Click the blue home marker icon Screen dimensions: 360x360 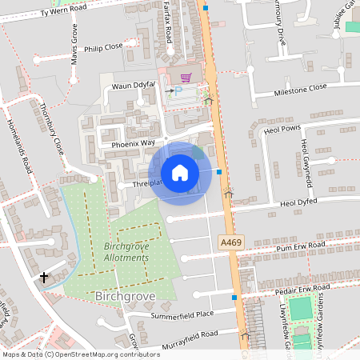180,172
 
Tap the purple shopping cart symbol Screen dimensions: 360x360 186,78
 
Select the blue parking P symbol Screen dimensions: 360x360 178,91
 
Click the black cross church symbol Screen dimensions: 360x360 43,277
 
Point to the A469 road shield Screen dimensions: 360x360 230,242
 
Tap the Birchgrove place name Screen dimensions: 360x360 124,296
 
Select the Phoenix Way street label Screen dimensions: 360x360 133,143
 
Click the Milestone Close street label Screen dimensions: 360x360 301,88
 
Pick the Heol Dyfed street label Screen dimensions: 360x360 299,204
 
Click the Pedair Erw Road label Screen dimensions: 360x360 297,288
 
